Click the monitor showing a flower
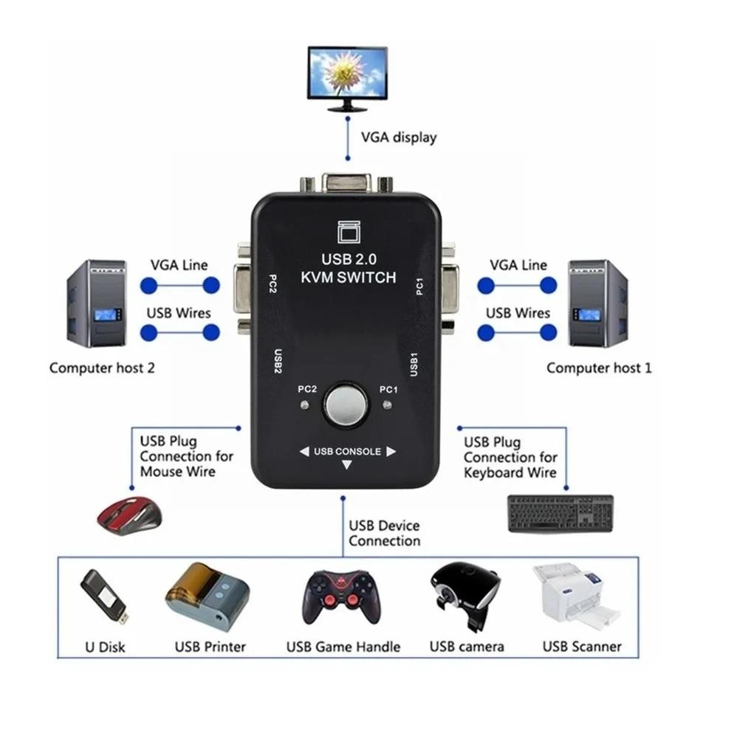pyautogui.click(x=347, y=77)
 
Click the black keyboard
pyautogui.click(x=561, y=513)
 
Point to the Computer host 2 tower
pyautogui.click(x=97, y=303)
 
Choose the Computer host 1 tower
pyautogui.click(x=597, y=303)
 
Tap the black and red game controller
pyautogui.click(x=343, y=597)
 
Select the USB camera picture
pyautogui.click(x=464, y=595)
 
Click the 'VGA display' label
pyautogui.click(x=398, y=137)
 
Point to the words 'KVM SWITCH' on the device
pyautogui.click(x=349, y=278)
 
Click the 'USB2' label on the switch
pyautogui.click(x=278, y=362)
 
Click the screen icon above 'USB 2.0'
pyautogui.click(x=347, y=233)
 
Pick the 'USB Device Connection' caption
pyautogui.click(x=384, y=533)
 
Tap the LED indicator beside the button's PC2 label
pyautogui.click(x=303, y=405)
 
